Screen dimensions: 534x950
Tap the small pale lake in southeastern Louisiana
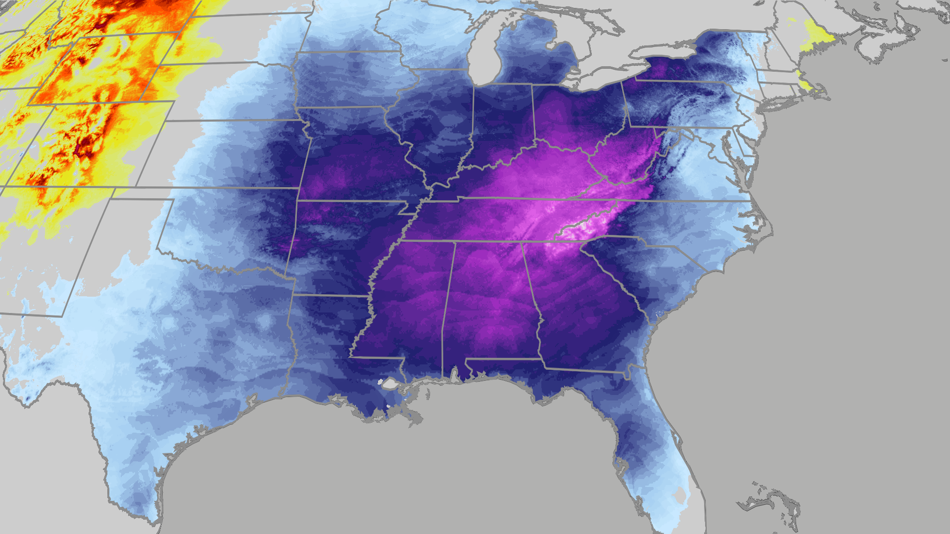pyautogui.click(x=390, y=383)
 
